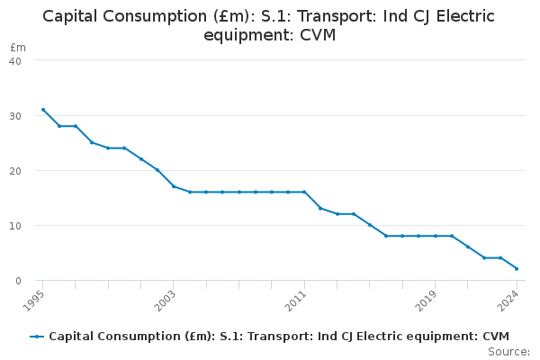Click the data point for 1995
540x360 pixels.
tap(42, 110)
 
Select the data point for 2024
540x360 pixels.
tap(517, 269)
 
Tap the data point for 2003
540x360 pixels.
tap(174, 186)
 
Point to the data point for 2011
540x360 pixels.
tap(304, 192)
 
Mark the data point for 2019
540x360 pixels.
tap(435, 236)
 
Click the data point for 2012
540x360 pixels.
tap(320, 208)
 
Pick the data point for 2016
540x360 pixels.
tap(386, 236)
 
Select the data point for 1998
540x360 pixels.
tap(92, 142)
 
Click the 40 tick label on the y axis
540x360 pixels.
tap(15, 60)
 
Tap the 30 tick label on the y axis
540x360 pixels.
tap(15, 115)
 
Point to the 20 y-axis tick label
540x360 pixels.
tap(15, 170)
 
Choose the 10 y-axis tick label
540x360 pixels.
tap(15, 226)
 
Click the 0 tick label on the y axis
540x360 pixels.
tap(18, 281)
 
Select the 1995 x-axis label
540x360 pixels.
tap(33, 298)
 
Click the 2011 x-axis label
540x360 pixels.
tap(295, 298)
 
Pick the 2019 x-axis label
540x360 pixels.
tap(426, 298)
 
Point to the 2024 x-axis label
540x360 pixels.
tap(508, 298)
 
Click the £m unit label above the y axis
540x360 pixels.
tap(18, 47)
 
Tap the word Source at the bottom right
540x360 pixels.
tap(508, 351)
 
